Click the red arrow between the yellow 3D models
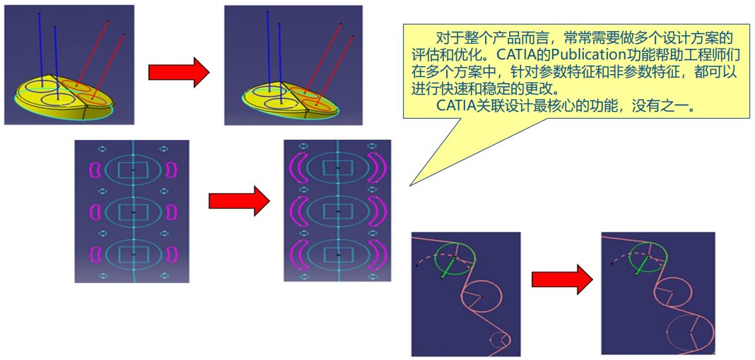pos(178,72)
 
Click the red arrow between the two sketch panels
pos(239,201)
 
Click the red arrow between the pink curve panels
pos(561,279)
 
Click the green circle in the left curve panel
pos(456,260)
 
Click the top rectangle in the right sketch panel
pos(337,168)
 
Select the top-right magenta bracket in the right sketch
pos(378,168)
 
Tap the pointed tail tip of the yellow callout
pos(411,185)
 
